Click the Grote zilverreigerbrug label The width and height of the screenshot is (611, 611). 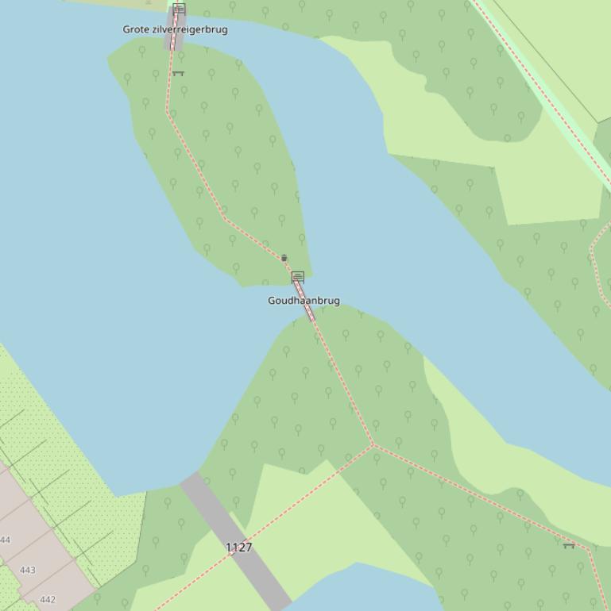click(175, 29)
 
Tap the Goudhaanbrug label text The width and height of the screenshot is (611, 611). click(304, 301)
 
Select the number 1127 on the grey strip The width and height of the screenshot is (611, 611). click(238, 548)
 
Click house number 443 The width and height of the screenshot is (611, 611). click(28, 570)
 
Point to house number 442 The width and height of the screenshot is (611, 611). click(48, 600)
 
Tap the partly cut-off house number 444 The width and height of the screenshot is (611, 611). click(6, 540)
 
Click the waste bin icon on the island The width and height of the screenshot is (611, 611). click(284, 258)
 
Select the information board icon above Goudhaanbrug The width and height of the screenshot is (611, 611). click(298, 276)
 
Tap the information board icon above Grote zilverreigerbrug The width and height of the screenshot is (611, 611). click(179, 9)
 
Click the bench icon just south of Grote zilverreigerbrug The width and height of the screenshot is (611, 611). click(178, 74)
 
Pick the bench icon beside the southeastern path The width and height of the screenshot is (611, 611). click(568, 545)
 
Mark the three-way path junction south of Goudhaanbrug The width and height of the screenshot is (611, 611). click(373, 445)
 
